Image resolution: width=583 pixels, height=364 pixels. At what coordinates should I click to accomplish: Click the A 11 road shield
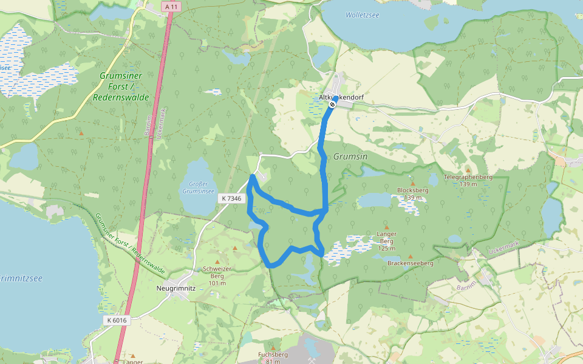pos(171,6)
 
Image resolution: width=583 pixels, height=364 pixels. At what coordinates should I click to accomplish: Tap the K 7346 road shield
pos(231,198)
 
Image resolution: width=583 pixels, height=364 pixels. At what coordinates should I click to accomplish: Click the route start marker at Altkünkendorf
pos(332,104)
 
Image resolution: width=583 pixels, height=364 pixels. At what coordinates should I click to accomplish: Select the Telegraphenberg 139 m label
pos(467,180)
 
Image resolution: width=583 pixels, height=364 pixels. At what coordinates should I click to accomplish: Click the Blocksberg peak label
pos(413,194)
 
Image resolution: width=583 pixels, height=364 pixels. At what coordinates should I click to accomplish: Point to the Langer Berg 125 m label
pos(386,241)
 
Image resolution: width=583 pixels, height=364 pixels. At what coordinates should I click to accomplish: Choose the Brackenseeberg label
pos(410,263)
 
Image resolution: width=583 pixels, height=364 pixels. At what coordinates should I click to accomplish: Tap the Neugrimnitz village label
pos(176,289)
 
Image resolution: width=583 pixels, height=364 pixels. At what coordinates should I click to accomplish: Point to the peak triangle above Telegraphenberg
pos(468,170)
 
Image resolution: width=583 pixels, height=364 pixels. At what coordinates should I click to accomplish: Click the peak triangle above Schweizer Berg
pos(235,249)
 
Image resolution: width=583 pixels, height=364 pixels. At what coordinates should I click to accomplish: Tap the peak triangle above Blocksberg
pos(413,183)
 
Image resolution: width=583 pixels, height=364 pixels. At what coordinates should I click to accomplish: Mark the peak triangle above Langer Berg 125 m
pos(386,227)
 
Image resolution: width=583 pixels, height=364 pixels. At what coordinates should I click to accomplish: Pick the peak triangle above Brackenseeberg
pos(410,256)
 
